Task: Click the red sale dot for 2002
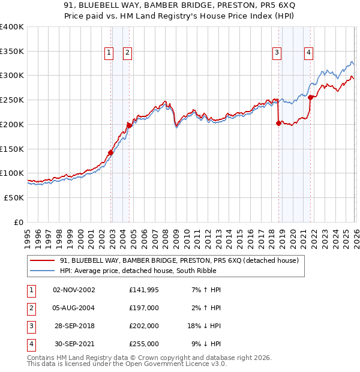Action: pos(111,152)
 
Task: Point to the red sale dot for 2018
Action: pos(278,123)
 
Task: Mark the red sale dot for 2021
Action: pos(310,97)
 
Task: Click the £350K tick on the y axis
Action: pos(12,51)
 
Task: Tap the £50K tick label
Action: pos(14,197)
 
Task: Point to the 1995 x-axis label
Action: pos(28,234)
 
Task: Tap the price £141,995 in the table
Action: pos(143,290)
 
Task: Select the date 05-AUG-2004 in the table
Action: pos(74,308)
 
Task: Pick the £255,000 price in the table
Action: pos(143,344)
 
